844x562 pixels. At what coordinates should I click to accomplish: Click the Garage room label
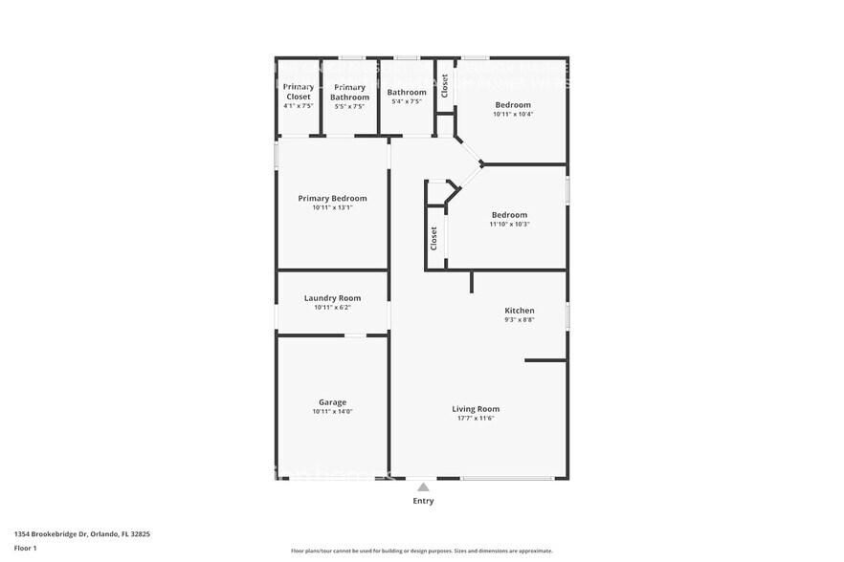pos(332,402)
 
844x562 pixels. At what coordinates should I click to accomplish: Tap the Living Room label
pos(476,409)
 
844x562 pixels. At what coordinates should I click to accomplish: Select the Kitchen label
pos(520,311)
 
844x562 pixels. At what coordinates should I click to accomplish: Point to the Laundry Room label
pos(332,298)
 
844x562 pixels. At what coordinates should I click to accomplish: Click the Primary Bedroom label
pos(332,199)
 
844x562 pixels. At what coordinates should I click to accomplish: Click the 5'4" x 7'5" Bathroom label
pos(407,93)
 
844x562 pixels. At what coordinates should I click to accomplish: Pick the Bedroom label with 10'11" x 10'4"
pos(513,104)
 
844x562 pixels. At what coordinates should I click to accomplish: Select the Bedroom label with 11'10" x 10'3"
pos(509,215)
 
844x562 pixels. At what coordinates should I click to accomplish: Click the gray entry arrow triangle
pos(423,487)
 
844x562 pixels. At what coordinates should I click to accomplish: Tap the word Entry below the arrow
pos(423,501)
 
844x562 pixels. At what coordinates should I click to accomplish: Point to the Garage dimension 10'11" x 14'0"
pos(332,412)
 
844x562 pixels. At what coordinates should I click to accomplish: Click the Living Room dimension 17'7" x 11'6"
pos(476,419)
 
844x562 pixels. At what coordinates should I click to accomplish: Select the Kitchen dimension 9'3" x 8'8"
pos(520,320)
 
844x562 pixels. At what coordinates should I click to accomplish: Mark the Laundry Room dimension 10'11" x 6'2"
pos(332,308)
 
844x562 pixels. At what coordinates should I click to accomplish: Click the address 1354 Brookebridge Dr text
pos(81,534)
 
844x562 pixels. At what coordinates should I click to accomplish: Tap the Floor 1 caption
pos(25,548)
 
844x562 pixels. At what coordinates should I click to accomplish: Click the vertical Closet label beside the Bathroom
pos(445,87)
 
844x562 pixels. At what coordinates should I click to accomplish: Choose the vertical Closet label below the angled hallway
pos(434,237)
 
